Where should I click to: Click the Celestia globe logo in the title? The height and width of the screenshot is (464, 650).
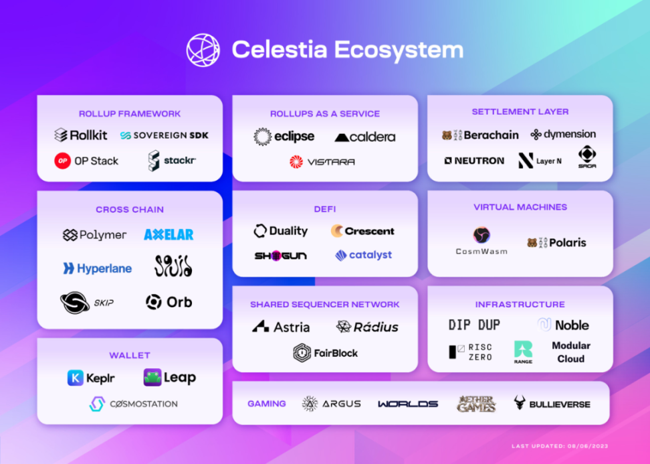203,50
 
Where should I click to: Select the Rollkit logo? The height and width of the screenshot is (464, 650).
81,135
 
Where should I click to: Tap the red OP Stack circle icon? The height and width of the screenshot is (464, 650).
63,161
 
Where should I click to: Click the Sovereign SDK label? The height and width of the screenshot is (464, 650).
165,135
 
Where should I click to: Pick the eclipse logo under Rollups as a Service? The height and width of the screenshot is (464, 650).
284,137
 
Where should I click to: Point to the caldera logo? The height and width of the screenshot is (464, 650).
364,137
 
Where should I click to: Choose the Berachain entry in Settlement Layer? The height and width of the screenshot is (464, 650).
480,135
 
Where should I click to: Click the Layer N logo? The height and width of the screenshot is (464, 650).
539,161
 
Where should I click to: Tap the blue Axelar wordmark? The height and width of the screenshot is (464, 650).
169,235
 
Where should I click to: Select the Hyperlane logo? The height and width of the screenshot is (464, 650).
98,268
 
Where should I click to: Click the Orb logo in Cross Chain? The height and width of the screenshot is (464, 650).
169,302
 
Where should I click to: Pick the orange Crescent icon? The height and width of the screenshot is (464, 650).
338,231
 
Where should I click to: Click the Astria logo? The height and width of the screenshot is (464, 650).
281,327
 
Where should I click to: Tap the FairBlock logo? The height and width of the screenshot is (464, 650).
326,353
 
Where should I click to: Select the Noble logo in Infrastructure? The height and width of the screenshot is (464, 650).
563,325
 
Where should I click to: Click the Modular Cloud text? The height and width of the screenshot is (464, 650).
570,352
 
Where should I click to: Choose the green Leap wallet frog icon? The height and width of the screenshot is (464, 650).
152,378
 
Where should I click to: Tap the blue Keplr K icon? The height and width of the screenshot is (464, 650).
75,378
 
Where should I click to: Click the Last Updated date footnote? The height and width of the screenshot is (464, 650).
560,446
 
